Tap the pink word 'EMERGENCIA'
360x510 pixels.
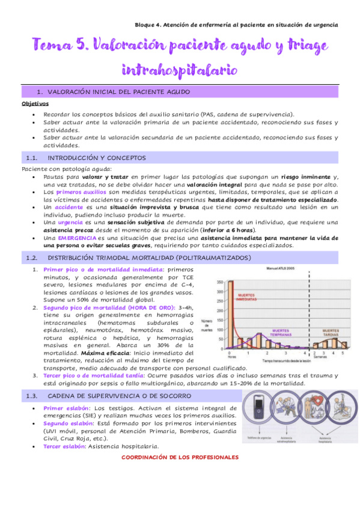click(66, 238)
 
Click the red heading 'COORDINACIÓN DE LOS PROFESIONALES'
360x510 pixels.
click(180, 457)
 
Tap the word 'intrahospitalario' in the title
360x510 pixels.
click(180, 70)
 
